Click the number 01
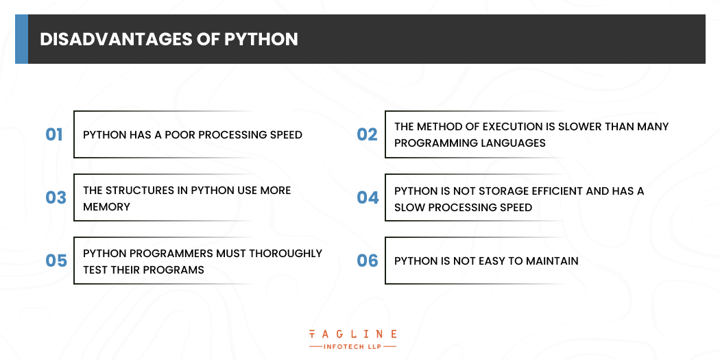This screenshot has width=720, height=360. click(x=53, y=134)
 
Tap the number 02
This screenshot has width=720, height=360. click(x=367, y=134)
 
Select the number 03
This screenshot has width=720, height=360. click(x=56, y=197)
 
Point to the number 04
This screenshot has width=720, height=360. click(x=368, y=197)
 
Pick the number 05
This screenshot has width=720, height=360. click(x=56, y=261)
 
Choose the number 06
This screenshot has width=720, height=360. click(x=368, y=261)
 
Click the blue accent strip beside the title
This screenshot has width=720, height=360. click(x=21, y=39)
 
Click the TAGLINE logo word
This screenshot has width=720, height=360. click(x=352, y=335)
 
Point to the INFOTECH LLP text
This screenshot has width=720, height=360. click(x=352, y=346)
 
